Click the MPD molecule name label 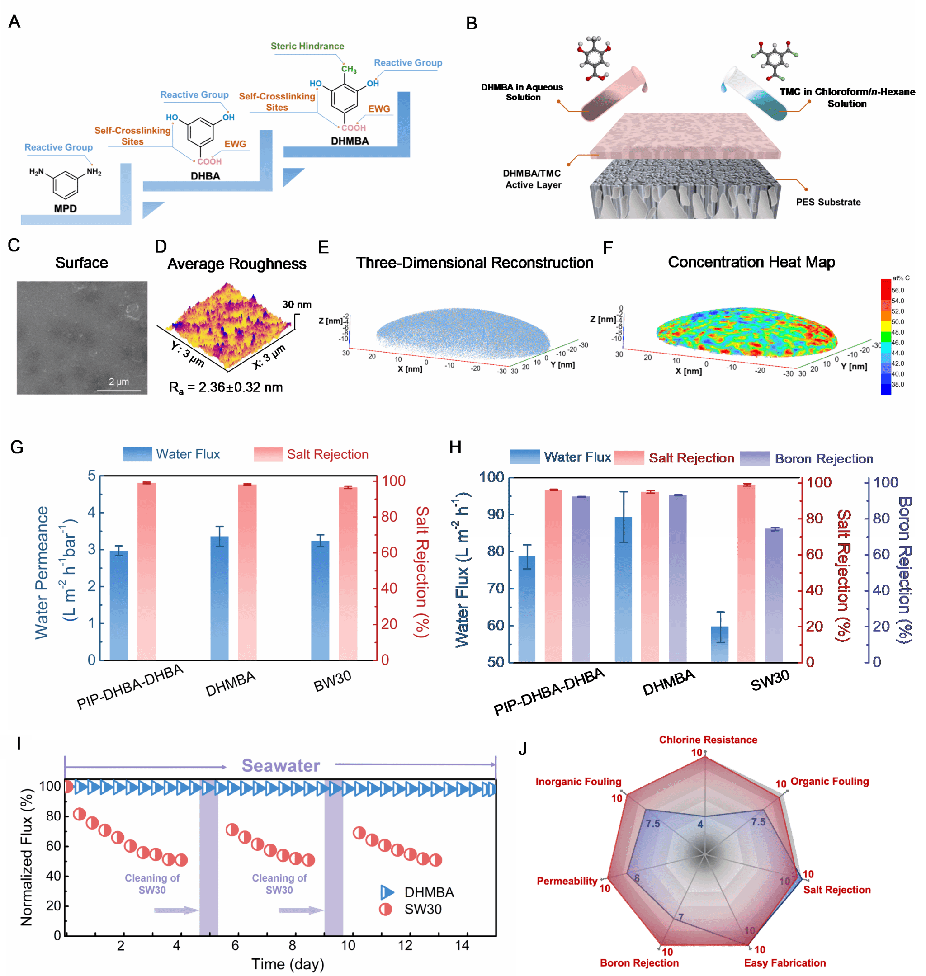(65, 208)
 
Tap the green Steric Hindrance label (307, 47)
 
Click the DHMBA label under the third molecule (350, 141)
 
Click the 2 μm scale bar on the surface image (119, 390)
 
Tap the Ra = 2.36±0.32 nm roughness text (226, 387)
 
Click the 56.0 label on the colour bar (898, 291)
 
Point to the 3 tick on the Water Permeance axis (92, 549)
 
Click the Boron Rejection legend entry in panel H (823, 459)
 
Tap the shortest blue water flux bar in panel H (720, 643)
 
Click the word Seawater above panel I (280, 765)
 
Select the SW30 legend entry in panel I (422, 909)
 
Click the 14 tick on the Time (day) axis (462, 945)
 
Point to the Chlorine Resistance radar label (708, 740)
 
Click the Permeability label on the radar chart (567, 881)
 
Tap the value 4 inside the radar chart (700, 824)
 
